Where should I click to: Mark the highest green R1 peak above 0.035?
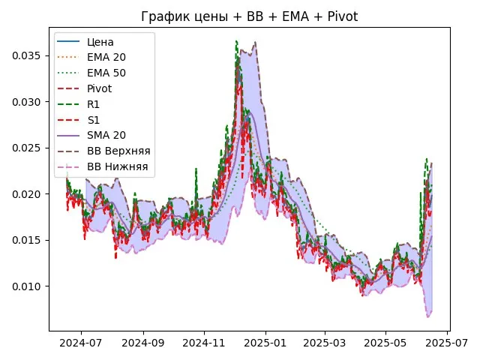tap(236, 41)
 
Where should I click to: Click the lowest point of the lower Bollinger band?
tap(428, 317)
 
